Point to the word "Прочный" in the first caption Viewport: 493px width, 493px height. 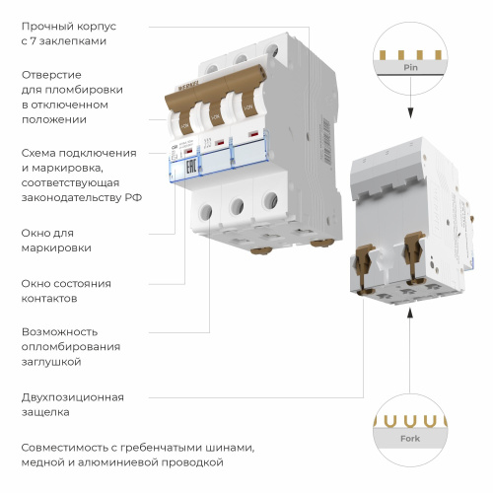(44, 24)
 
